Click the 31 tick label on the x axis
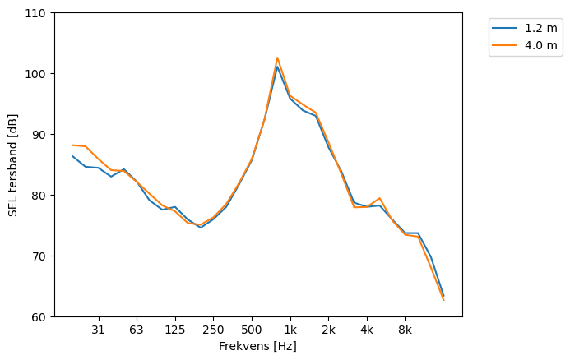98,330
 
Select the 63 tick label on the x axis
137,330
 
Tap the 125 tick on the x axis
174,330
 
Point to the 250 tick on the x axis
213,330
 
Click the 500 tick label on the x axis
252,330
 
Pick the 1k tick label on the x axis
290,330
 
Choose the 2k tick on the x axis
328,330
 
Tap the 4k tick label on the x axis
367,330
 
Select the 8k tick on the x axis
405,330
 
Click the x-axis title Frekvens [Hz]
257,346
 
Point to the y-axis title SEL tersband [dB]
12,164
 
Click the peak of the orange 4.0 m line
277,58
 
